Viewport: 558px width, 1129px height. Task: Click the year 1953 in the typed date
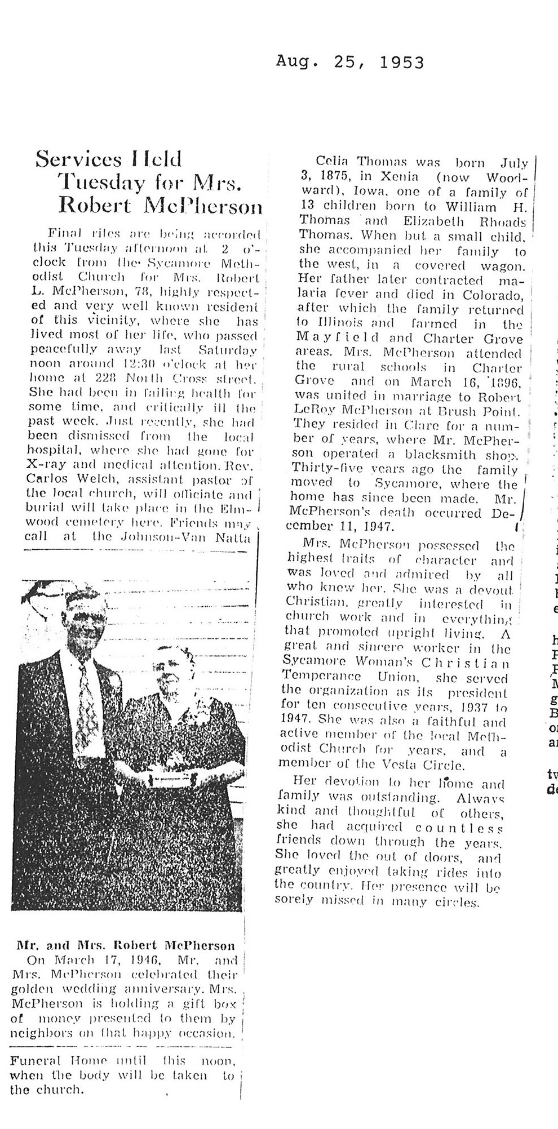tap(402, 62)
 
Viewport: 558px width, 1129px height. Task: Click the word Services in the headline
tap(78, 160)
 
